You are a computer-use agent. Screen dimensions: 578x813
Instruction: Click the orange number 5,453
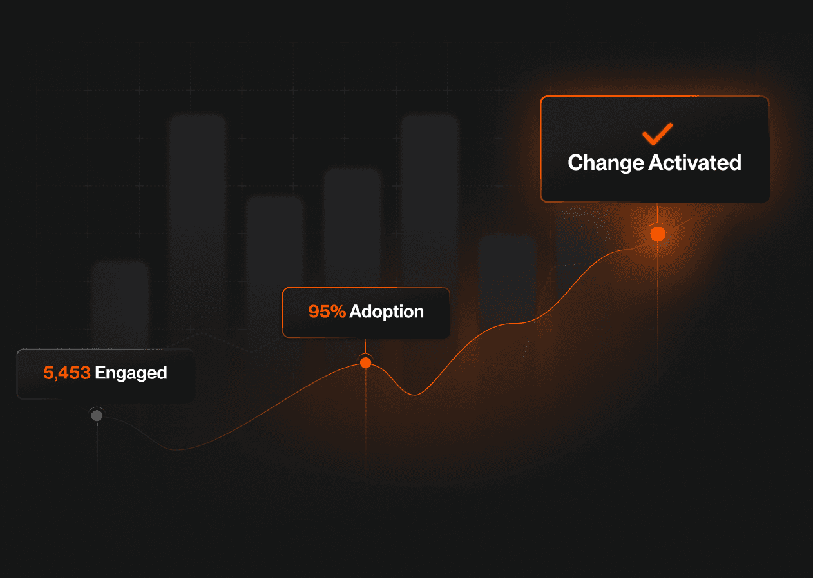(66, 373)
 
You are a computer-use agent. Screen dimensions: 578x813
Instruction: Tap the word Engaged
(131, 373)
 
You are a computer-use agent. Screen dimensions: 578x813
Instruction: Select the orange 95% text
(327, 312)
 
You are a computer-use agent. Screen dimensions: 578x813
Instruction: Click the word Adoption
(387, 312)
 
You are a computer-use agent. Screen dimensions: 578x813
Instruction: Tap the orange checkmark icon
(657, 134)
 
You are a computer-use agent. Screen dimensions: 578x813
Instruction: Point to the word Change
(606, 163)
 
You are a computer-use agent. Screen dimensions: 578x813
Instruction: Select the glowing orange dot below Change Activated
(657, 234)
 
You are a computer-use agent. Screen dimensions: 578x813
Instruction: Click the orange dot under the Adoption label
(365, 362)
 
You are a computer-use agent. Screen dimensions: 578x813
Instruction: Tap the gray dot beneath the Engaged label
(97, 415)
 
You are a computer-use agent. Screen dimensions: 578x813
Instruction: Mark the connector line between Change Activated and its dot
(657, 214)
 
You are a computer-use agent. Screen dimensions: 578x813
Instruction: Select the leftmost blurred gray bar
(120, 303)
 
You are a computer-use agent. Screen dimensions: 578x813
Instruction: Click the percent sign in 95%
(339, 312)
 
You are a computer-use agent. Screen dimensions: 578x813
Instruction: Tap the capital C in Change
(575, 163)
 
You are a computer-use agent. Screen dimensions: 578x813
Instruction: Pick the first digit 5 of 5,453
(48, 373)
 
